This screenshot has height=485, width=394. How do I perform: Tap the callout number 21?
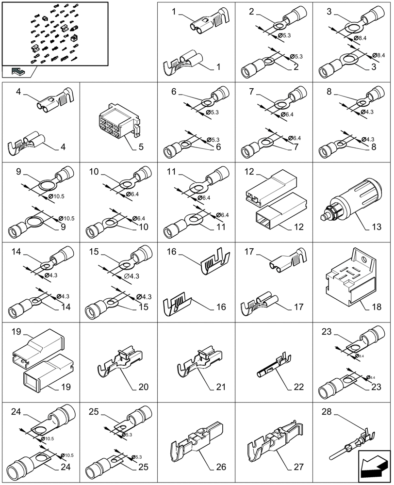[x=221, y=388]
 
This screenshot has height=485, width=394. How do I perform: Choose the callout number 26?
[x=221, y=468]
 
